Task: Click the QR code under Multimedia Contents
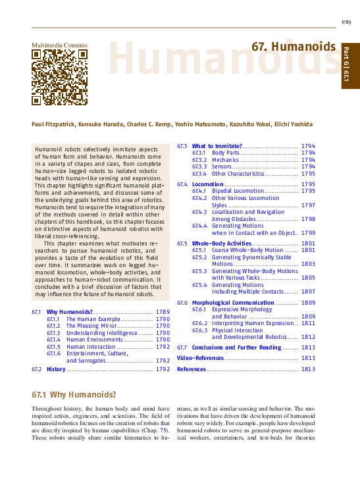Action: [x=60, y=78]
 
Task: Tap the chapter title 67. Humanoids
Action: [x=294, y=47]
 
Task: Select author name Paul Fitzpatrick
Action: [x=53, y=124]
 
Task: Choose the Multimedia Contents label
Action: [x=59, y=45]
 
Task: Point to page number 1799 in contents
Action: [x=308, y=232]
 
